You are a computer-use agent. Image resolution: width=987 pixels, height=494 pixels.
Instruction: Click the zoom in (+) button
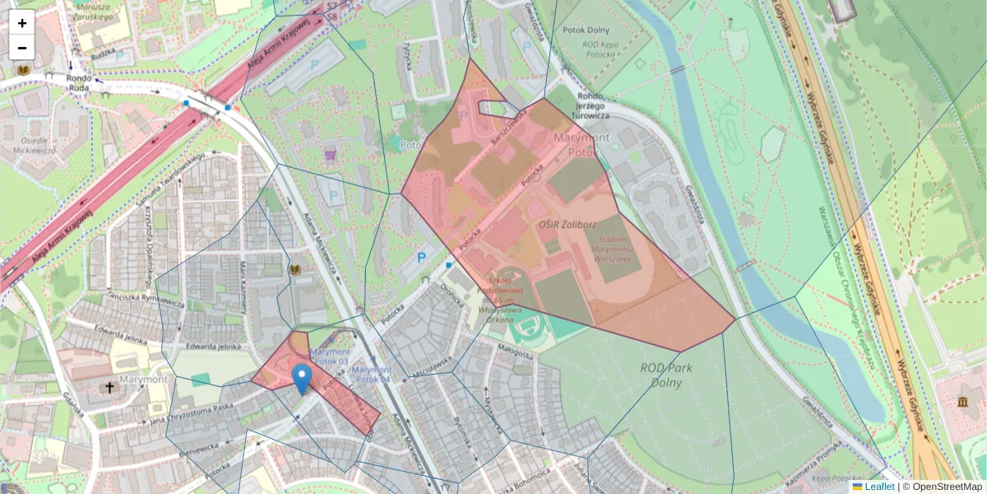[x=22, y=22]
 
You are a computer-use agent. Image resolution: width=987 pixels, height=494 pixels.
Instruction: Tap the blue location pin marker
[x=302, y=379]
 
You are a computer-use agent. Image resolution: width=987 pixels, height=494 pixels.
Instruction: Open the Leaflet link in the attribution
[x=879, y=487]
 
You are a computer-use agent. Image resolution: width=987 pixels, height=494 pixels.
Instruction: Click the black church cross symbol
[x=109, y=387]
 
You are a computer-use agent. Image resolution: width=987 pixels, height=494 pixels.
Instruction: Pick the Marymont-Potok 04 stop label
[x=371, y=375]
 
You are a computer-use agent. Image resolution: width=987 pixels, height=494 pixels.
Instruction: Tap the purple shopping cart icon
[x=331, y=154]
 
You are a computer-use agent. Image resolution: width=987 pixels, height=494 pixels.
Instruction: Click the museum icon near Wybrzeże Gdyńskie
[x=962, y=401]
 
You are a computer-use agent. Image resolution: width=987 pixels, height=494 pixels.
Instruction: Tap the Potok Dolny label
[x=584, y=31]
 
